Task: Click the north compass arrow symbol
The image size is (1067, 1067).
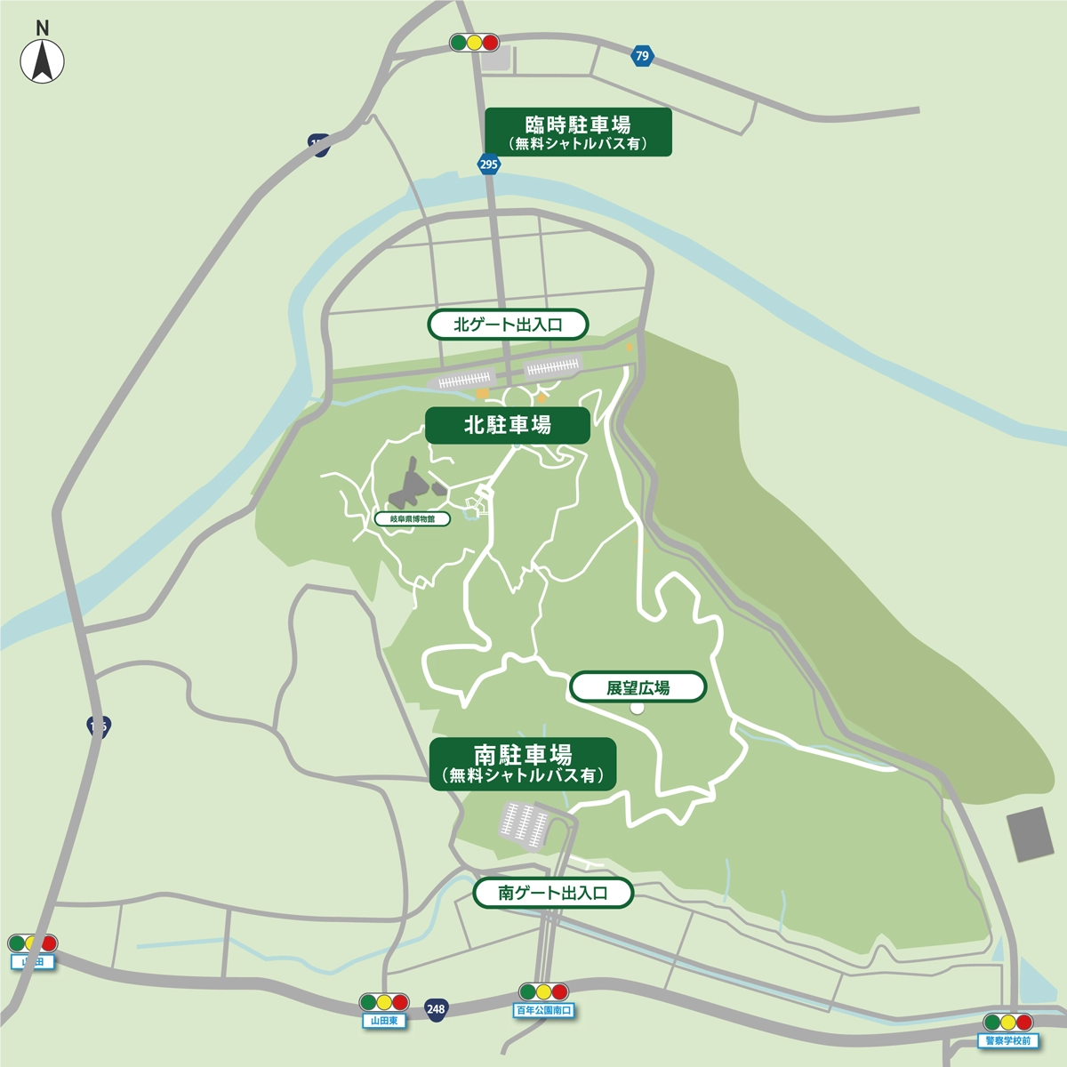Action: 42,62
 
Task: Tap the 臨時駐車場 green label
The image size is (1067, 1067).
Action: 578,132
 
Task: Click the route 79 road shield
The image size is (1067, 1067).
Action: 642,56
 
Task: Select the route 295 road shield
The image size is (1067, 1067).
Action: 488,164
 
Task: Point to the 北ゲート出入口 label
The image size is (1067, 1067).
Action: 508,325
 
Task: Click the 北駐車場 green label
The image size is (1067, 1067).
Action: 507,425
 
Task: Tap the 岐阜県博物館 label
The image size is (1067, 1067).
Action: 412,518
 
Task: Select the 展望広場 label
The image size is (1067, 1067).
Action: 638,687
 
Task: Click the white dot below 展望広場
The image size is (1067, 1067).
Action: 637,708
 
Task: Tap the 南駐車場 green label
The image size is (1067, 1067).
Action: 523,763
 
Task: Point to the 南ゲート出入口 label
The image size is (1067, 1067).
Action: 552,893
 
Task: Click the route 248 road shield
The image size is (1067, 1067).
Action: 436,1008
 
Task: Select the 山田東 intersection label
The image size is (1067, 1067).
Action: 383,1021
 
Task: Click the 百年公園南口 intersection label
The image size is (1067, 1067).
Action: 544,1010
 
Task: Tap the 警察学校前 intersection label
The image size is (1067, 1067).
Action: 1007,1040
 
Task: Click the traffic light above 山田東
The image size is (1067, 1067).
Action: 384,1002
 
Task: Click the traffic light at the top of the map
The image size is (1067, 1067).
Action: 474,43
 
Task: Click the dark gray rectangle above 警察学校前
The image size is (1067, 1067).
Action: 1031,833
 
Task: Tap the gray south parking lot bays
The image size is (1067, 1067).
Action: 525,823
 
